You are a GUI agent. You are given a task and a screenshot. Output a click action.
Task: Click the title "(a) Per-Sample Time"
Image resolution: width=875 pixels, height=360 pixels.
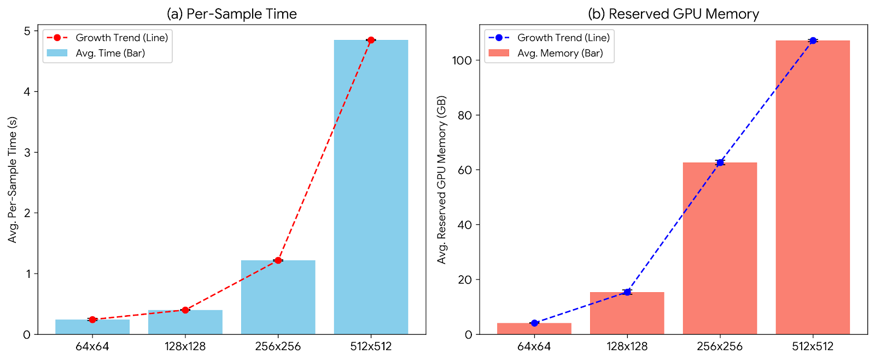(232, 14)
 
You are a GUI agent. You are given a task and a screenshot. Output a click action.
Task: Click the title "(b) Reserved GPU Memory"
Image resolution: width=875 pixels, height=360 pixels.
(673, 14)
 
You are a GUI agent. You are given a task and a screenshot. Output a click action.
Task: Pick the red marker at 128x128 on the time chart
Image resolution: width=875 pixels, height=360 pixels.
(185, 310)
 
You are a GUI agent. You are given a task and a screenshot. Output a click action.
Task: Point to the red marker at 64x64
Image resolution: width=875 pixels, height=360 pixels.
(92, 320)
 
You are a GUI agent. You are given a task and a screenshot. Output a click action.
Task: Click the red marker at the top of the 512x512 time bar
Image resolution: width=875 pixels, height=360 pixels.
(371, 40)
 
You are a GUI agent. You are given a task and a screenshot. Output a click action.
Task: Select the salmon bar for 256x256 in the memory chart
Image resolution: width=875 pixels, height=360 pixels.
(720, 248)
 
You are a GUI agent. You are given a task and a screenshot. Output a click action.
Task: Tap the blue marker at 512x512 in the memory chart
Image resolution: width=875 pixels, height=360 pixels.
(813, 40)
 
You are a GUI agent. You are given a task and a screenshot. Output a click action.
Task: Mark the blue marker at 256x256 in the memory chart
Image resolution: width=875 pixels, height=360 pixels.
(720, 162)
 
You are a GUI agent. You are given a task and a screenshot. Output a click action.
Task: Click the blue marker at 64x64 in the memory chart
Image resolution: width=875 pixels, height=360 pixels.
(534, 323)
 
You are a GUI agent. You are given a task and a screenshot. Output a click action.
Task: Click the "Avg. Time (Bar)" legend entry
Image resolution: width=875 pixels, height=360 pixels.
(110, 53)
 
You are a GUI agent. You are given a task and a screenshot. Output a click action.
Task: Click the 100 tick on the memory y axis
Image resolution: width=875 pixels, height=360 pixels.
(462, 60)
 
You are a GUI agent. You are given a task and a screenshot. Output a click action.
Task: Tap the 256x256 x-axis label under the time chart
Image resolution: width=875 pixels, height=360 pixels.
(278, 346)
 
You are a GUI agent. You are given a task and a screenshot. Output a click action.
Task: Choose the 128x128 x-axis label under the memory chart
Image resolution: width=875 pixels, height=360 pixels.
(627, 346)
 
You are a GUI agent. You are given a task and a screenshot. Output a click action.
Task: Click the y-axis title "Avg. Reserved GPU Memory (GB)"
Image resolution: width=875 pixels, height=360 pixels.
(442, 180)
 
